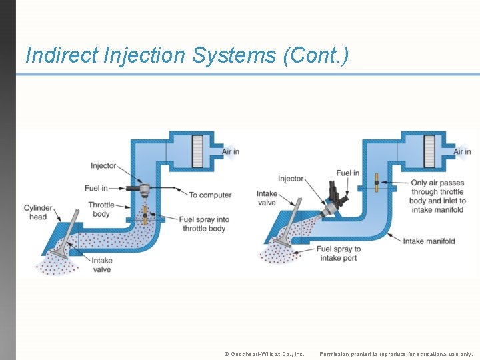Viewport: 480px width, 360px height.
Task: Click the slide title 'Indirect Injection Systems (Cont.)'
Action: point(187,55)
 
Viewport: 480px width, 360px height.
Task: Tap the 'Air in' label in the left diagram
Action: point(231,152)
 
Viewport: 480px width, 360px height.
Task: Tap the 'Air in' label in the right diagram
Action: point(462,152)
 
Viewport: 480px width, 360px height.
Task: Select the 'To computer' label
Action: point(210,195)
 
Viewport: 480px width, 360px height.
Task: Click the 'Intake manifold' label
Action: point(429,241)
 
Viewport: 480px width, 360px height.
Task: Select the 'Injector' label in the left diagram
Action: point(103,166)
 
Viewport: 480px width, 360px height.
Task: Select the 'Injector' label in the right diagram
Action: point(291,179)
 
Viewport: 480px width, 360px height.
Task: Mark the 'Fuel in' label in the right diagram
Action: point(347,173)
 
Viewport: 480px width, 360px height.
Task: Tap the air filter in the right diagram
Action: point(429,151)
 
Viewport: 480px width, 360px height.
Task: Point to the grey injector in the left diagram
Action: point(143,189)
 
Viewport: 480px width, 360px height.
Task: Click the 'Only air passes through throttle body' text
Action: point(437,191)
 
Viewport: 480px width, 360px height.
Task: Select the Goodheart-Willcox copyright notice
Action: point(264,354)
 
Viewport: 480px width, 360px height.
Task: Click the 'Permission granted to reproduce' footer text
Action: point(396,354)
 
